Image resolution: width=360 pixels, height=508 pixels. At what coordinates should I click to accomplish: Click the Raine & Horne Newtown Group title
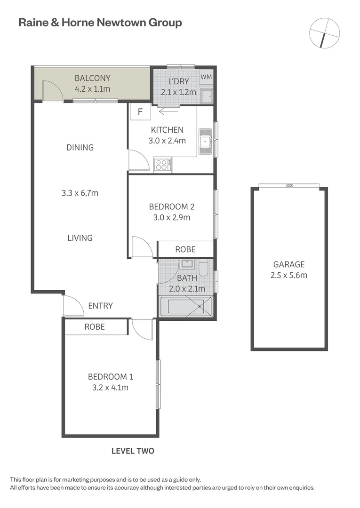[x=100, y=22]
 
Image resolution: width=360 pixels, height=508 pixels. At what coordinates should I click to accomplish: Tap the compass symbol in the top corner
[x=324, y=32]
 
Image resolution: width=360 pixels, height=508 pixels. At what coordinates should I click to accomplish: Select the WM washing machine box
[x=206, y=77]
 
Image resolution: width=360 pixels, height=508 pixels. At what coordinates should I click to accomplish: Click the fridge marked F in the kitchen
[x=140, y=112]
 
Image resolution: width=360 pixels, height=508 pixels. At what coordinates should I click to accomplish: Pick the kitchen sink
[x=205, y=141]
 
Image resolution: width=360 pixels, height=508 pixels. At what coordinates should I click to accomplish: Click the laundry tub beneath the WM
[x=206, y=96]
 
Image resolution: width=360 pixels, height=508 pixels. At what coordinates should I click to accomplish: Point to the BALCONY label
[x=93, y=78]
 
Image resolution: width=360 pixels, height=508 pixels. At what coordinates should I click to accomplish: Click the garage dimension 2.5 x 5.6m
[x=288, y=275]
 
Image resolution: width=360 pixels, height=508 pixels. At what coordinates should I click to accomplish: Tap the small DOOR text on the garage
[x=289, y=186]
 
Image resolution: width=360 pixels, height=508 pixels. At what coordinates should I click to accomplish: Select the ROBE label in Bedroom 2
[x=185, y=249]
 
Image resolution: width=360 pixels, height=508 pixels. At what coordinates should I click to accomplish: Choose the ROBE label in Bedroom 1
[x=95, y=326]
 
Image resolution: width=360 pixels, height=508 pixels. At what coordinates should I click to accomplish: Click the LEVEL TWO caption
[x=133, y=451]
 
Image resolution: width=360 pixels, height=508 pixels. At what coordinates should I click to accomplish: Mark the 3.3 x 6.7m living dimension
[x=80, y=193]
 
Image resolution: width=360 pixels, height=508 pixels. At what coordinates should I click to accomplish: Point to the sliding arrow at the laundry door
[x=168, y=111]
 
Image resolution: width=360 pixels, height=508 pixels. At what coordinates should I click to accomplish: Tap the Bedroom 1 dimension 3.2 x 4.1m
[x=108, y=388]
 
